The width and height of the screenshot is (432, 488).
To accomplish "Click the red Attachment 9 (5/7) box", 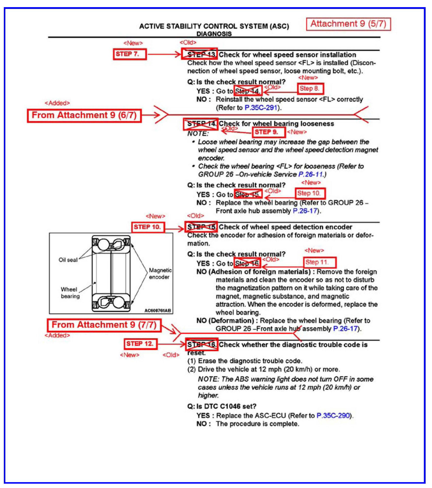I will pos(348,24).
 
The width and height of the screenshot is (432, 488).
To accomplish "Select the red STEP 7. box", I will pos(130,54).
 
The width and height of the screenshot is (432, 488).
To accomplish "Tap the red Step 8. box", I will pos(310,89).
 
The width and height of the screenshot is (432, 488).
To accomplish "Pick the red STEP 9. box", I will pos(269,132).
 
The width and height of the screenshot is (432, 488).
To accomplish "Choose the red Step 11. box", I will pos(320,262).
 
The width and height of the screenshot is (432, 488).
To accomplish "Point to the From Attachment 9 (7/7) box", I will pos(104,325).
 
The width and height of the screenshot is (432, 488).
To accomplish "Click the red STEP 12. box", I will pos(140,344).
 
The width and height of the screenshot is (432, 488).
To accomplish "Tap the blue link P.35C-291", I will pos(261,108).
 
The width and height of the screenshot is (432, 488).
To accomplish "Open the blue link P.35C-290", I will pos(333,416).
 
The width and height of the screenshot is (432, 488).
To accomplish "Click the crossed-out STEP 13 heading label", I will pos(199,54).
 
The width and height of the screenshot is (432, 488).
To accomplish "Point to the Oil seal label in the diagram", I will pos(68,260).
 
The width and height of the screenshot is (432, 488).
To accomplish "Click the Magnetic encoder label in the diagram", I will pos(160,273).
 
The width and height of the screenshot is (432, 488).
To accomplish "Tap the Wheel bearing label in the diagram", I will pos(70,293).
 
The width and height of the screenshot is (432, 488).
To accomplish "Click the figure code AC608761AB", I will pos(157,310).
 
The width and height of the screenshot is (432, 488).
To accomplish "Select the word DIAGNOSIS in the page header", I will pos(214,34).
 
